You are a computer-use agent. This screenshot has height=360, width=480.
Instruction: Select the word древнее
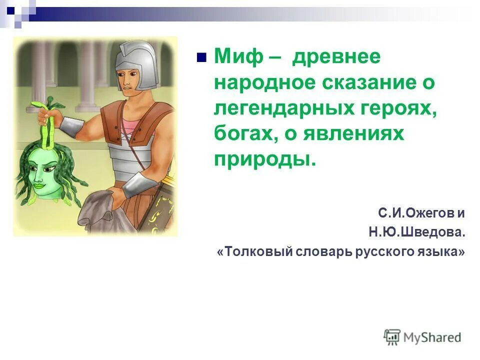tap(336, 57)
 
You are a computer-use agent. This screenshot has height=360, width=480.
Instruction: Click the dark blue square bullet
tap(202, 57)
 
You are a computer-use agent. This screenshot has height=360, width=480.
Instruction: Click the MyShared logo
tap(422, 337)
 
